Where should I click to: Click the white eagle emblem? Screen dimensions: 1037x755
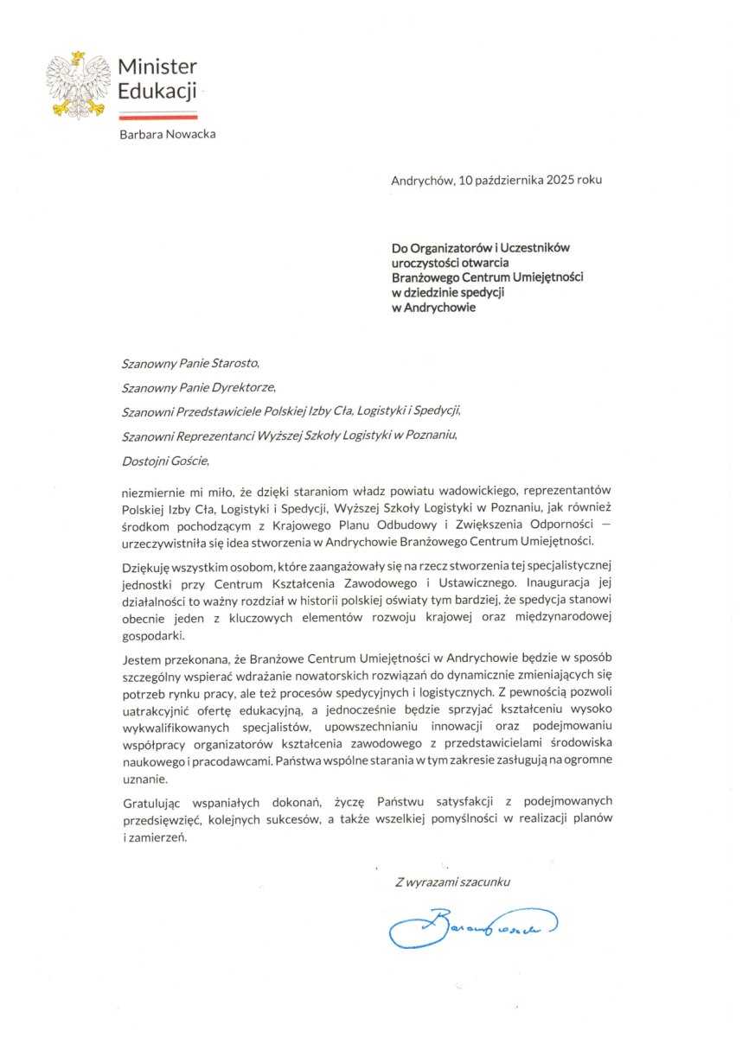78,84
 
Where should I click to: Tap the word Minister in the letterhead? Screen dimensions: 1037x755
157,67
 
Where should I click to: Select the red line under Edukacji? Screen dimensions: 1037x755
158,114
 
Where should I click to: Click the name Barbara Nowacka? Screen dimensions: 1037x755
168,134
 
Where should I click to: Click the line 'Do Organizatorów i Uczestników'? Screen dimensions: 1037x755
480,248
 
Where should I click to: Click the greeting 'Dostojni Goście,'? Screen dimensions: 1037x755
165,461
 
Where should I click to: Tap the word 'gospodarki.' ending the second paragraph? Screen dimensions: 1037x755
151,636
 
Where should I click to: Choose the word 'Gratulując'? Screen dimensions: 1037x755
152,803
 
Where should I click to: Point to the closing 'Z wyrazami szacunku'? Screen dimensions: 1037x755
453,882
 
